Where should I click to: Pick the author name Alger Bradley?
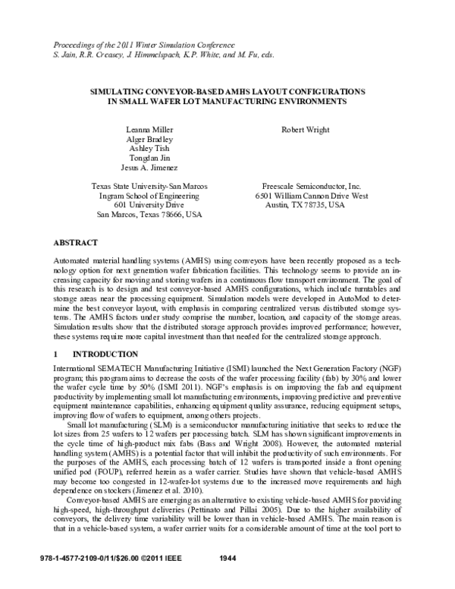click(150, 140)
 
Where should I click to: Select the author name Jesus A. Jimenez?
click(150, 168)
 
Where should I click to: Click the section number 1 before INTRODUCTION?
click(56, 354)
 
